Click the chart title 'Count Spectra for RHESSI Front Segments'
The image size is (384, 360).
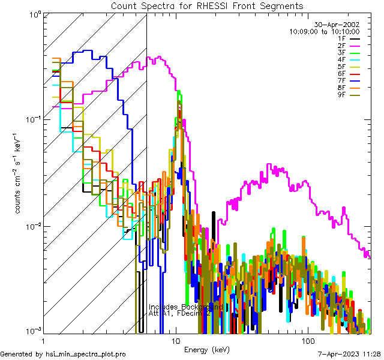pos(207,5)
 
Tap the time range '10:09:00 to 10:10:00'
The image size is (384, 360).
pos(324,31)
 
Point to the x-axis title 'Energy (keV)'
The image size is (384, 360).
pos(207,350)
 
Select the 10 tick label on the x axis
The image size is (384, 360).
pos(175,340)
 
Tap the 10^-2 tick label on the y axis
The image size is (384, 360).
pos(29,226)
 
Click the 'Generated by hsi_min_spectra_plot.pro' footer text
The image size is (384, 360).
pos(63,355)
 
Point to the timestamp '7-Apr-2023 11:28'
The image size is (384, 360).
pos(349,355)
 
